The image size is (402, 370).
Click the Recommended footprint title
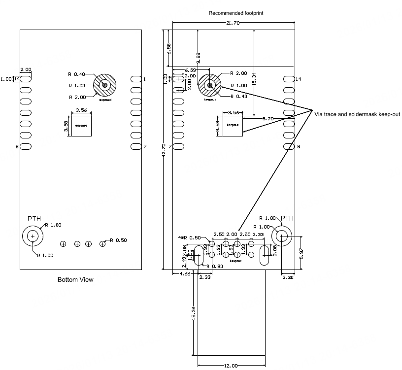click(235, 13)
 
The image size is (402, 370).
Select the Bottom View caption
click(75, 280)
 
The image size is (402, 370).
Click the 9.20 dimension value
click(268, 119)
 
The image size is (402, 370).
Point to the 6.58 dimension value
click(169, 49)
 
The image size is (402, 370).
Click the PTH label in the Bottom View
click(34, 218)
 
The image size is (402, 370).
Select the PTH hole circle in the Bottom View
click(33, 236)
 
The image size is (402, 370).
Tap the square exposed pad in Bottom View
click(81, 126)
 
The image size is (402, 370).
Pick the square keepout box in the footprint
click(233, 126)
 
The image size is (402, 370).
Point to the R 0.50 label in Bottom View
click(119, 240)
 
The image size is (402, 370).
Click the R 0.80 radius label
click(215, 267)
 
